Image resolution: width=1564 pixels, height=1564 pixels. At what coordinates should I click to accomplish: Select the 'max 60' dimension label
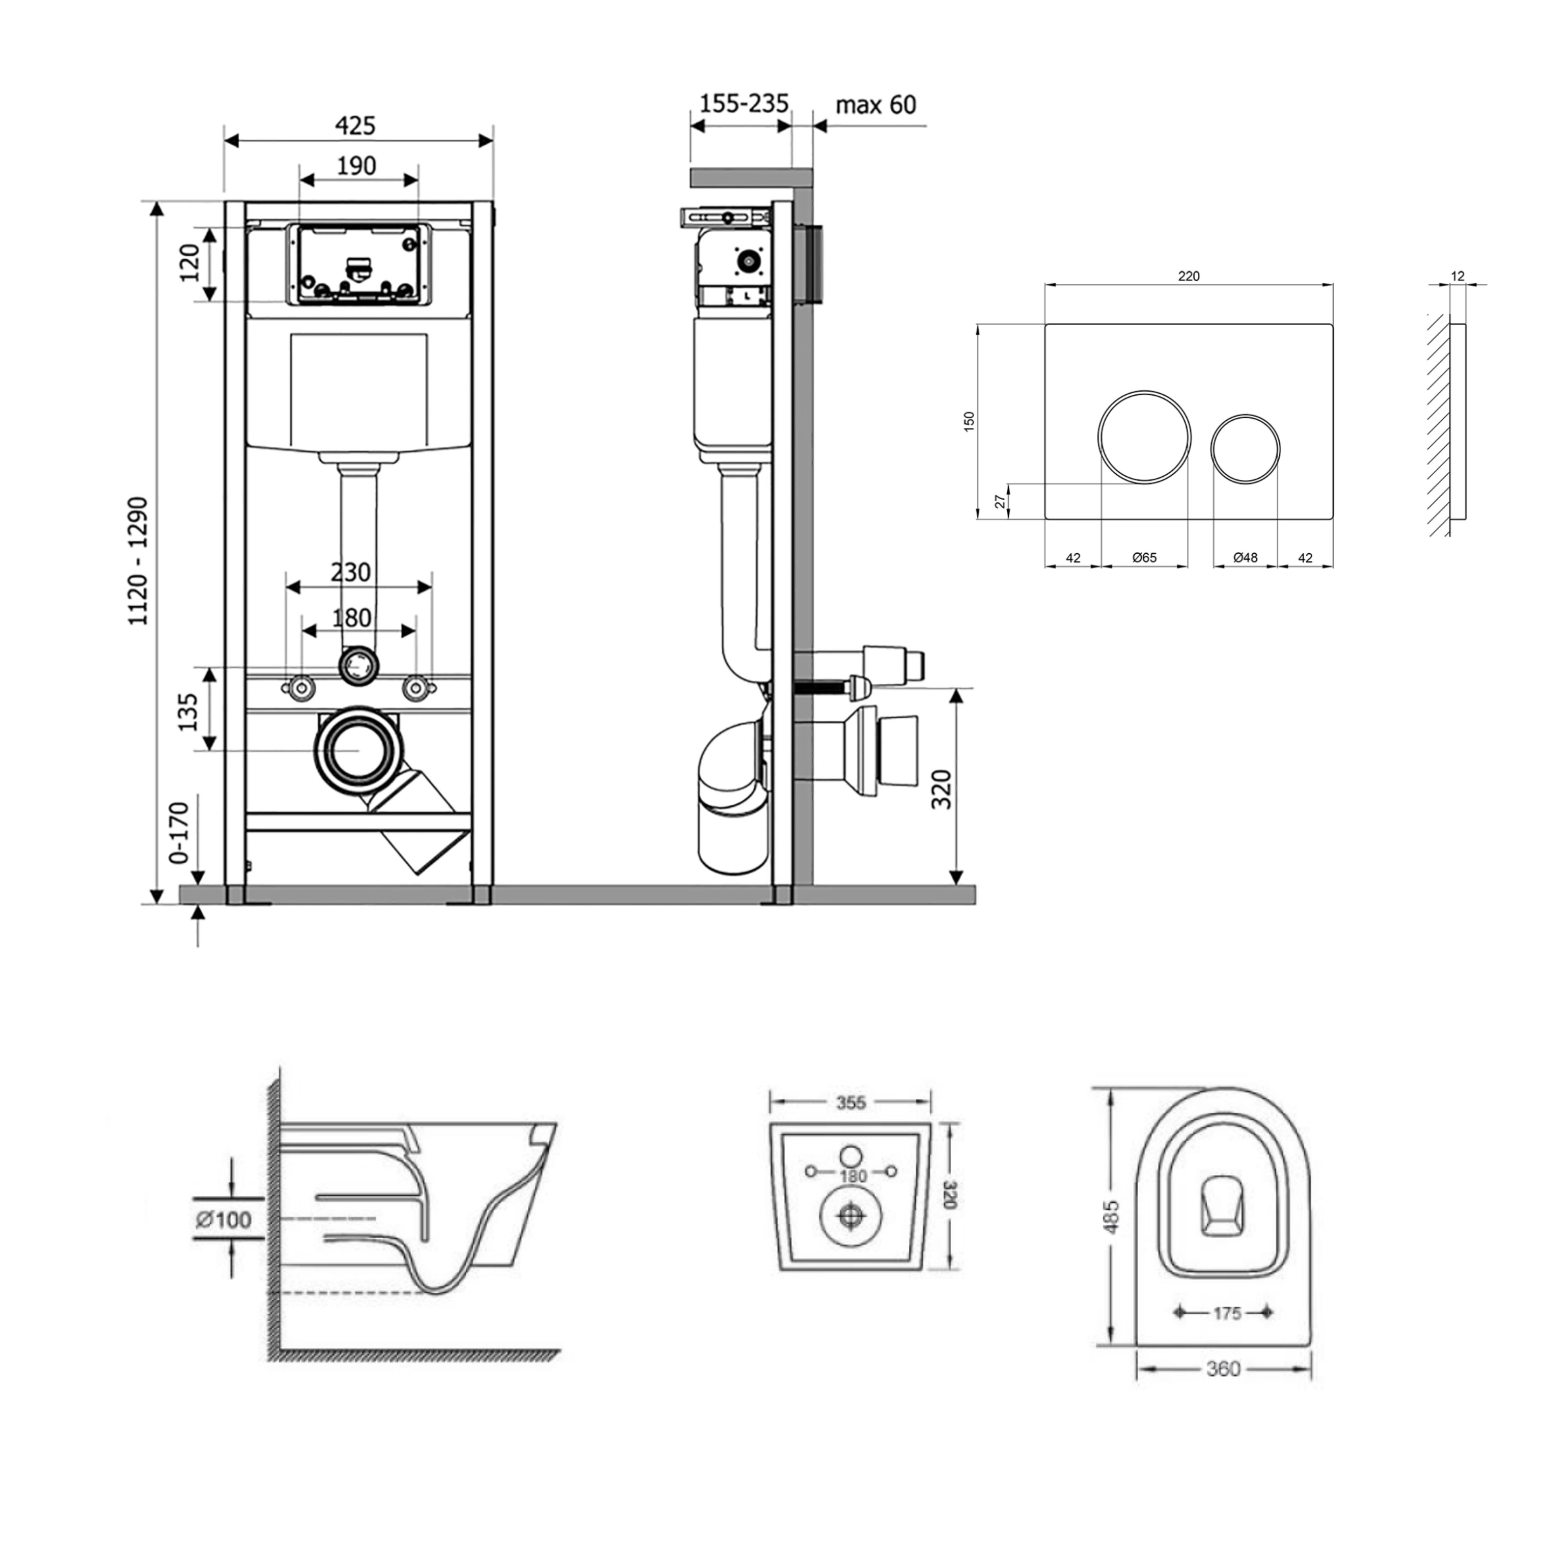coord(876,105)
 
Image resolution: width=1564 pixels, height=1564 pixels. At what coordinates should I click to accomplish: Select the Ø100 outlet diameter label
coord(223,1219)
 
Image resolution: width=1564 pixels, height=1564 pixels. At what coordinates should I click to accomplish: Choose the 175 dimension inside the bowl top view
coord(1227,1313)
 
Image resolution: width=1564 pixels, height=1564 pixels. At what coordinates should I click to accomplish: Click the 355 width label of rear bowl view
coord(851,1103)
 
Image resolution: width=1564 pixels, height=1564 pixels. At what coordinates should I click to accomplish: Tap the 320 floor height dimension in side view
coord(942,789)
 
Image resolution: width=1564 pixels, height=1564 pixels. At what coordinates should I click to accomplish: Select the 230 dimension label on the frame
coord(350,572)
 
